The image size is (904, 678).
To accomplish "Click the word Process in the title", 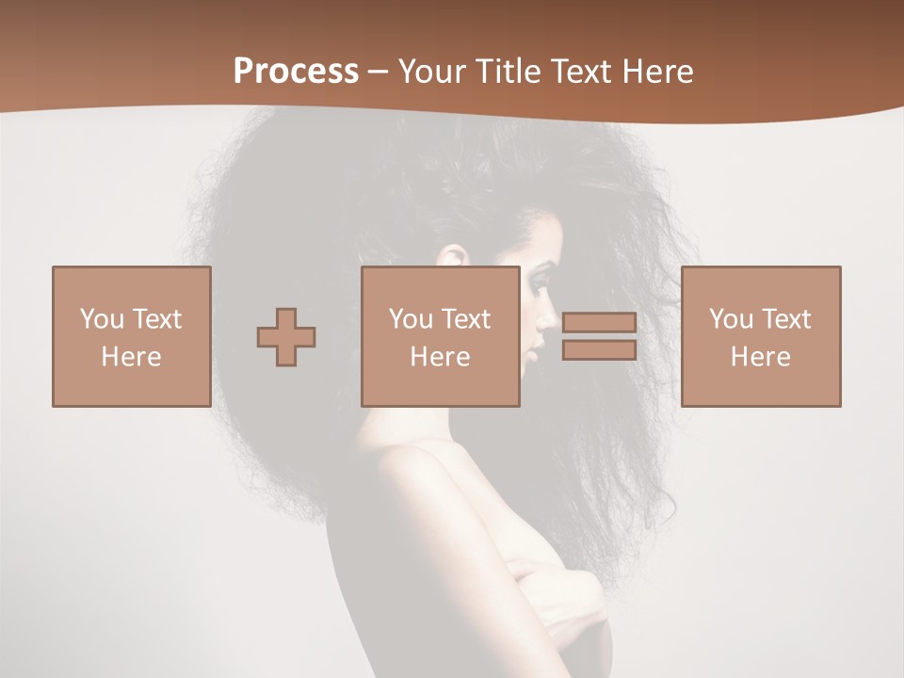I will coord(296,72).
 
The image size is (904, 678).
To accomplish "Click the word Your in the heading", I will coord(432,72).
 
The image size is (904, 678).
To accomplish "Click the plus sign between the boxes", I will coord(286,336).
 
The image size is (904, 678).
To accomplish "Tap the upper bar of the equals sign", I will coord(599,323).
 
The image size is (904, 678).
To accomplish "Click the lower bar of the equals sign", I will coord(599,350).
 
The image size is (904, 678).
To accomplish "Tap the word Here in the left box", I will coord(131,357).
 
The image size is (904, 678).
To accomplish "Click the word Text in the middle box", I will coord(466,319).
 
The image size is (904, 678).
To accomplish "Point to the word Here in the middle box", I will coord(440,357).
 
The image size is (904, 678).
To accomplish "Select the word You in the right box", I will coord(731,319).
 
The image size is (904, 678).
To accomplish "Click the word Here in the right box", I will coord(760,357).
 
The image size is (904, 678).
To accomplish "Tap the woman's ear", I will coord(454,255).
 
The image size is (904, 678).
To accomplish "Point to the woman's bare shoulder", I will coord(395,471).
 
